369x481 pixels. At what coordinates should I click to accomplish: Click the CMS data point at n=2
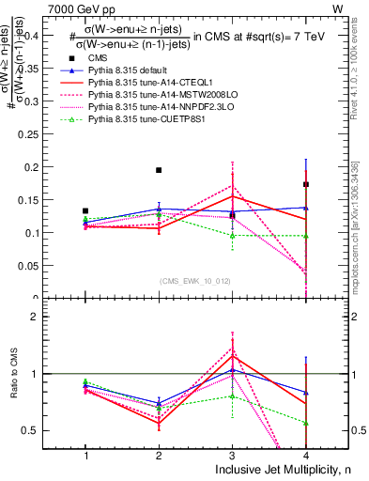coord(159,170)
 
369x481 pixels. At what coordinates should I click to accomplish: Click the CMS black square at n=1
coord(85,210)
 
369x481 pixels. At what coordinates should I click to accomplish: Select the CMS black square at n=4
coord(306,184)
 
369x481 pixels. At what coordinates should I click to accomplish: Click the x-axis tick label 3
coord(232,454)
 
